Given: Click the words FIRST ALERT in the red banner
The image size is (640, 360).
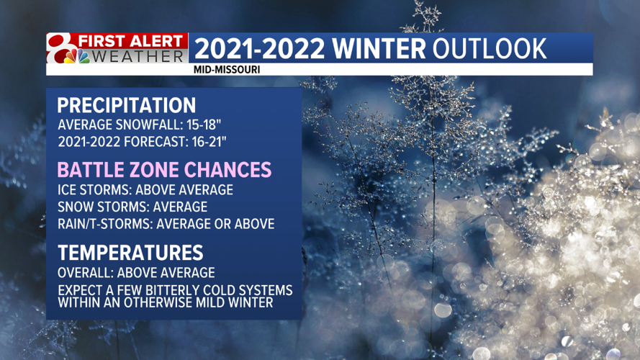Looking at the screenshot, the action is [x=130, y=41].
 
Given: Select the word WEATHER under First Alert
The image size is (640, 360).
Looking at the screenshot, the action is [x=138, y=56].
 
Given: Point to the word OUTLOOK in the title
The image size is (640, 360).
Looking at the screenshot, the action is [x=490, y=48].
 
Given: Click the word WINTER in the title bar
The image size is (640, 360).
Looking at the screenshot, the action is [x=379, y=48].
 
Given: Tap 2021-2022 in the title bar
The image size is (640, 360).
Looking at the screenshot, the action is [x=260, y=48].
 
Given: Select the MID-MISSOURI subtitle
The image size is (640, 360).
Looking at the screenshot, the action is [x=227, y=70].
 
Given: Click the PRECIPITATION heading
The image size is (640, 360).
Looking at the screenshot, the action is [x=127, y=105].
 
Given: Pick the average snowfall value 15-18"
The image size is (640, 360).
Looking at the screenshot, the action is [x=204, y=125].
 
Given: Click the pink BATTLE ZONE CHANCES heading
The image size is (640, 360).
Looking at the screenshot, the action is [x=164, y=170].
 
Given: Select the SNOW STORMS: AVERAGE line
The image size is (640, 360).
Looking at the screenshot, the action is [x=132, y=207].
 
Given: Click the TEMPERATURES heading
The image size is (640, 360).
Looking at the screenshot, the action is [x=130, y=253].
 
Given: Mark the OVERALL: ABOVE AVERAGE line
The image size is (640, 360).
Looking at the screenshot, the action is [x=136, y=273].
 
